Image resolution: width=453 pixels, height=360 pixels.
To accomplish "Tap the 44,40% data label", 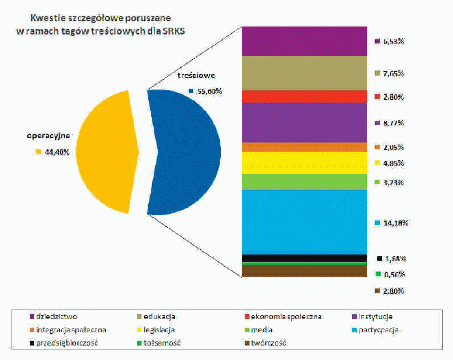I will tap(57, 152).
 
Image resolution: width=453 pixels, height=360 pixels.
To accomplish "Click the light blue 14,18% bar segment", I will tap(304, 222).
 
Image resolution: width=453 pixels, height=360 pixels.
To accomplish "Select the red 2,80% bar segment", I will tap(304, 97).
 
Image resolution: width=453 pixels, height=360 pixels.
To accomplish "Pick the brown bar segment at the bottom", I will tap(304, 271).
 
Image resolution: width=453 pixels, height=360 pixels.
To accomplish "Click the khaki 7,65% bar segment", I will tap(304, 73).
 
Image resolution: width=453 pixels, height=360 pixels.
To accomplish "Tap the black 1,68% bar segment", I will tap(304, 258).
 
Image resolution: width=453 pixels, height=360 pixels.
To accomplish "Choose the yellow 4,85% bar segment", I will tap(304, 163).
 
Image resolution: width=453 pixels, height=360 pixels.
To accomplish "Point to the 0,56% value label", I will tap(395, 274).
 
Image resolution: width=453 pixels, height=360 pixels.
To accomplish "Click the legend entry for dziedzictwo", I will tap(57, 316).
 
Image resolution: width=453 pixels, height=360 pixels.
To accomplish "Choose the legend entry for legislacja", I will tap(159, 330).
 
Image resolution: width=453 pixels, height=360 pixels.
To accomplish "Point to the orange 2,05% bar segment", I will tap(304, 147).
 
